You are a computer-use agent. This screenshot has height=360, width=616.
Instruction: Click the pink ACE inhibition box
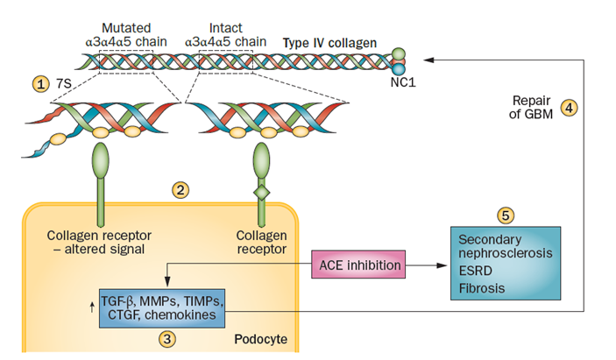[x=359, y=264]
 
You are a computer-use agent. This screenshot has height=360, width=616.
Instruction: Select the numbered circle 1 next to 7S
[x=40, y=84]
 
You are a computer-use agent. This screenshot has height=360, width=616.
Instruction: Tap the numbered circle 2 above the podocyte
[x=181, y=188]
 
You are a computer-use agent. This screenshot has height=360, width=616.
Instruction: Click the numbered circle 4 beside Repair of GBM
[x=569, y=109]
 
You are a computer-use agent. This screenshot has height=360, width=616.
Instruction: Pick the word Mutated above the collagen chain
[x=125, y=27]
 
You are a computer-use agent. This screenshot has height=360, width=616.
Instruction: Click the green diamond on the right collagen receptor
[x=260, y=190]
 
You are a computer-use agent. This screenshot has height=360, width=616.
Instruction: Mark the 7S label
[x=62, y=84]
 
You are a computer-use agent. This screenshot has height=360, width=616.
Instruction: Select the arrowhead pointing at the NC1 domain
[x=428, y=60]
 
